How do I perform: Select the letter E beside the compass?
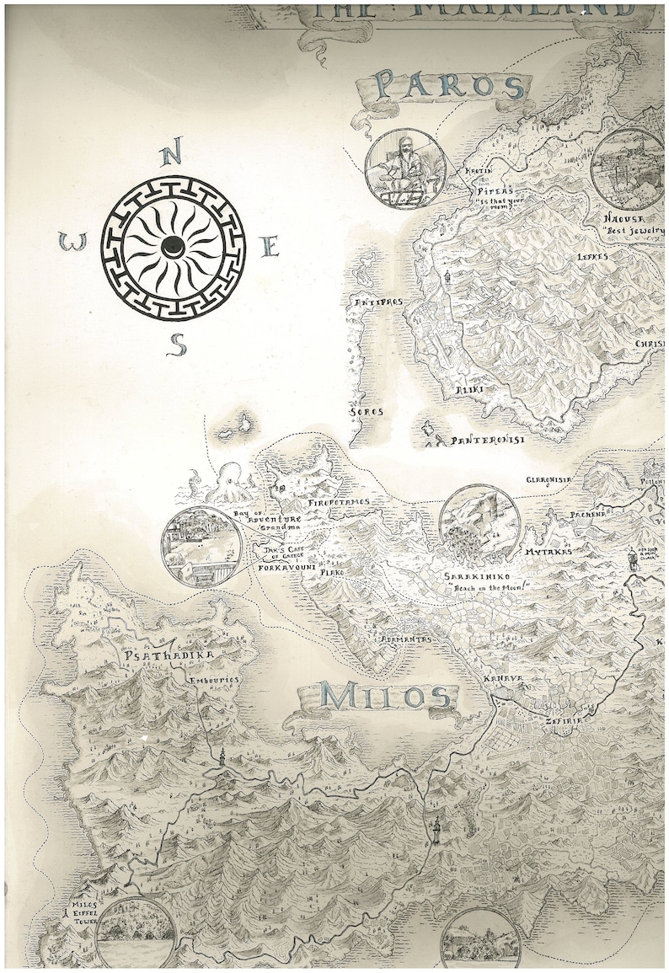pyautogui.click(x=270, y=247)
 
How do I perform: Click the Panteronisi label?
pyautogui.click(x=488, y=441)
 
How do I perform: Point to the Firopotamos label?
pyautogui.click(x=338, y=502)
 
